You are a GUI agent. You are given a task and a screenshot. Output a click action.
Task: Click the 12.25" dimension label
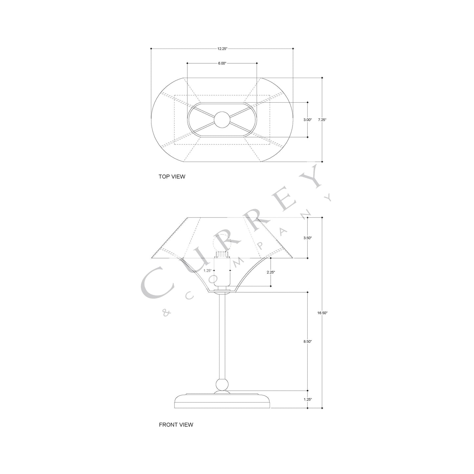tap(222, 49)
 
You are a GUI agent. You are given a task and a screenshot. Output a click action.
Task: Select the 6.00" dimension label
tap(222, 63)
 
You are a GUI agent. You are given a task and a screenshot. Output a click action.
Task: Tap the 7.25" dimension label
tap(322, 120)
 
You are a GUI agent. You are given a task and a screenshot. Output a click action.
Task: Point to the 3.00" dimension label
tap(307, 120)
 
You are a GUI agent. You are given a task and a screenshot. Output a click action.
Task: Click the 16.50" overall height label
tap(322, 313)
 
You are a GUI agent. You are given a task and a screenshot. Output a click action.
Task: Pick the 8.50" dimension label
tap(307, 341)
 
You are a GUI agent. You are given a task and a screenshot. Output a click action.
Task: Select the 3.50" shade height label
tap(307, 238)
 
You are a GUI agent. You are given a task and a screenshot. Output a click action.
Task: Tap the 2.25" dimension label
tap(271, 272)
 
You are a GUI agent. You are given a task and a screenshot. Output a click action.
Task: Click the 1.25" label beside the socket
tap(208, 271)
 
